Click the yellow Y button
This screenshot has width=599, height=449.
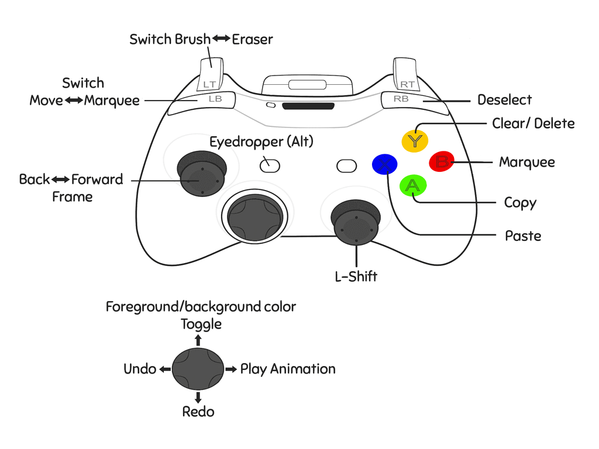coord(415,140)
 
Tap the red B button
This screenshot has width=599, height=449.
coord(442,162)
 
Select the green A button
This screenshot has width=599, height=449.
coord(413,186)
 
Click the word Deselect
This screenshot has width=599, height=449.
coord(505,100)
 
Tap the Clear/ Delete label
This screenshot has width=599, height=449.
coord(533,123)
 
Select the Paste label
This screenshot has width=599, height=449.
coord(523,236)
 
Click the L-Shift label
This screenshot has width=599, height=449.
coord(356,277)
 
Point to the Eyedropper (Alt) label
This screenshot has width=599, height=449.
coord(261,141)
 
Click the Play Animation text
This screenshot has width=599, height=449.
coord(288,369)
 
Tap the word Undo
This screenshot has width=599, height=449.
coord(140,369)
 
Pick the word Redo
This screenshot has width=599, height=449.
coord(198,412)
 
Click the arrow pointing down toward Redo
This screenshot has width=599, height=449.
coord(198,398)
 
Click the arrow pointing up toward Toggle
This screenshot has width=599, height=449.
coord(198,339)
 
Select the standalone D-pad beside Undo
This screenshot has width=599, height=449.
coord(198,369)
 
